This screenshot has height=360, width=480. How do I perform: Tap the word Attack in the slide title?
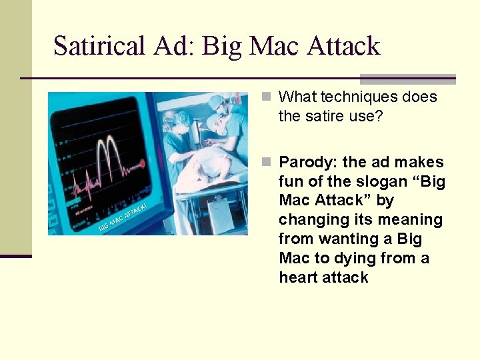343,47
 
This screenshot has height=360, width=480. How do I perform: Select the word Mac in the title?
275,47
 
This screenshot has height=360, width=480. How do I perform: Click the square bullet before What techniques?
267,97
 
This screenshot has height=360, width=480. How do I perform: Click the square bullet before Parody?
267,163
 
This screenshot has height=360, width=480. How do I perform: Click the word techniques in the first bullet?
357,97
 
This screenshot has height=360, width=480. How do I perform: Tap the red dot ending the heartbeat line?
142,163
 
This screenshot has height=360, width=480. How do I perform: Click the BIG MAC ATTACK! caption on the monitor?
124,217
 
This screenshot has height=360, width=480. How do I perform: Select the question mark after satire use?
380,116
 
